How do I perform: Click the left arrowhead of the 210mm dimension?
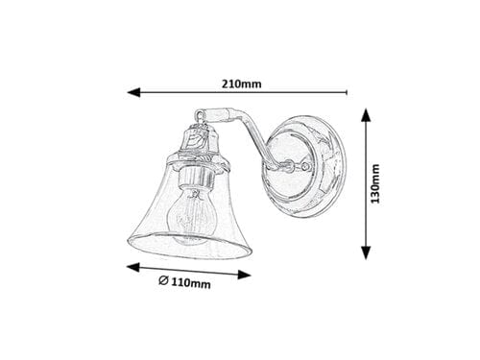pos(133,94)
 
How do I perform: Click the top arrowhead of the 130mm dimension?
pos(365,113)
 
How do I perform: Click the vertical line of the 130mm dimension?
pos(365,182)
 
